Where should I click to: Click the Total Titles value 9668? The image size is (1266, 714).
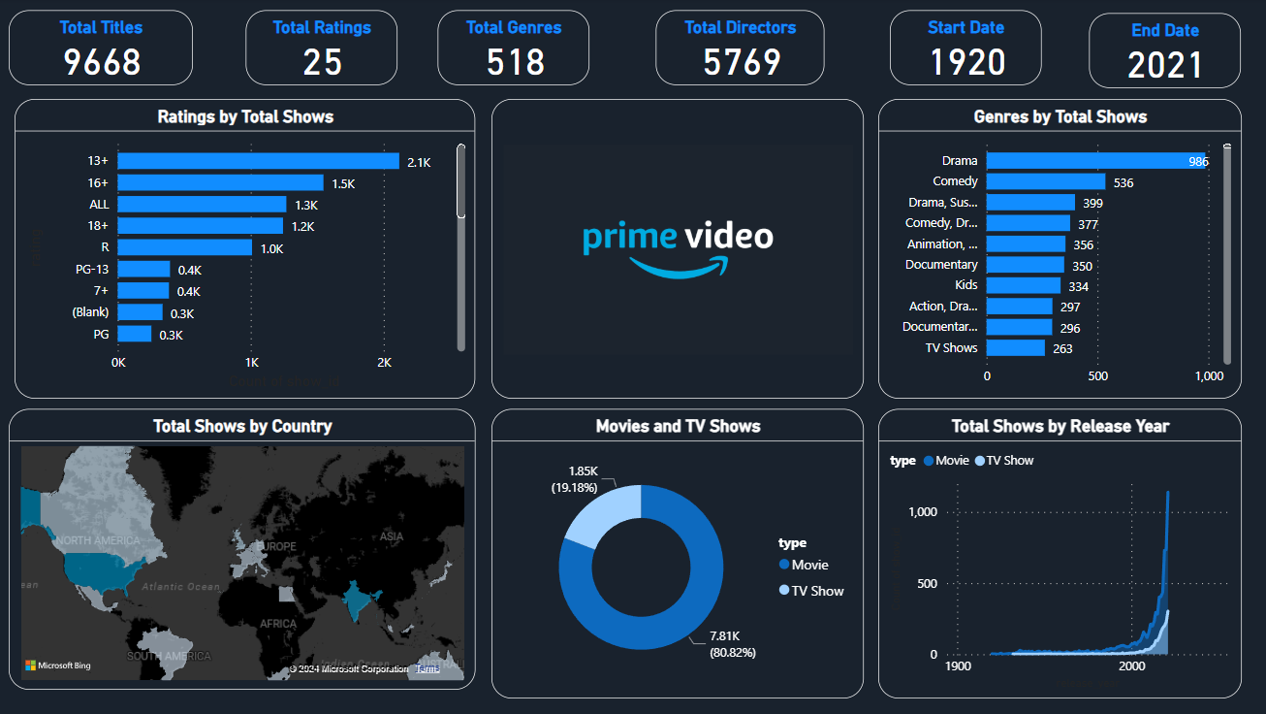tap(102, 62)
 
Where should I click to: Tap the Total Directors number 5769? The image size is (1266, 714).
tap(742, 62)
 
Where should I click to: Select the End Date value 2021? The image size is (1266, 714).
tap(1164, 66)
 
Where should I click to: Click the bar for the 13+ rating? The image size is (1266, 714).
tap(258, 161)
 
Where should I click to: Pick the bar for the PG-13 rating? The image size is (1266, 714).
tap(143, 270)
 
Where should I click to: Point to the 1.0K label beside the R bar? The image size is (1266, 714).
tap(272, 248)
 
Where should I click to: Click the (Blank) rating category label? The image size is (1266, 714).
tap(90, 312)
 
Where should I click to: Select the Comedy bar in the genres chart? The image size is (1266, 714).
tap(1046, 181)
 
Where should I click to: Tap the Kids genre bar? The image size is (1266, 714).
tap(1024, 285)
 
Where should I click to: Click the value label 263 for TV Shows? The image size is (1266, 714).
tap(1062, 349)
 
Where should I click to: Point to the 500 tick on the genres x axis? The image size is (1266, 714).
tap(1097, 375)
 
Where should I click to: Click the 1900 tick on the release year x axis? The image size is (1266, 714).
tap(958, 667)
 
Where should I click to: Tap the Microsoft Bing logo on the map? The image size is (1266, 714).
tap(58, 665)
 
